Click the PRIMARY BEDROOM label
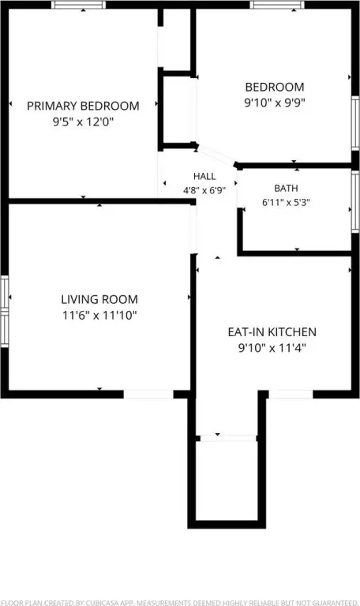click(x=83, y=106)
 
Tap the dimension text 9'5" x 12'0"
click(x=83, y=122)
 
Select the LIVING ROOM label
click(x=99, y=299)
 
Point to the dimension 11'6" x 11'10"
click(x=99, y=316)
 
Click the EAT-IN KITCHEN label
click(x=272, y=332)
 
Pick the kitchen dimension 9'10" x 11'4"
click(x=272, y=348)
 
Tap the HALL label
click(x=204, y=177)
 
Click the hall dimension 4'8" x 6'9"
click(x=204, y=190)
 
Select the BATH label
click(x=286, y=189)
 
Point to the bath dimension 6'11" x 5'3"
click(x=286, y=202)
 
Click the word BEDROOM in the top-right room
click(x=275, y=87)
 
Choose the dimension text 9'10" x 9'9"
click(x=275, y=103)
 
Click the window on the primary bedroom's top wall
click(x=78, y=5)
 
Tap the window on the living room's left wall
click(x=4, y=311)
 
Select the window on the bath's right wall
click(x=355, y=201)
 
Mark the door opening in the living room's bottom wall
click(x=148, y=395)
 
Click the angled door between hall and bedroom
click(x=216, y=155)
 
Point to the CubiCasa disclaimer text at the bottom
click(x=180, y=603)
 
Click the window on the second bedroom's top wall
click(x=277, y=5)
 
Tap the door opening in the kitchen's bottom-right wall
click(x=291, y=395)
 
